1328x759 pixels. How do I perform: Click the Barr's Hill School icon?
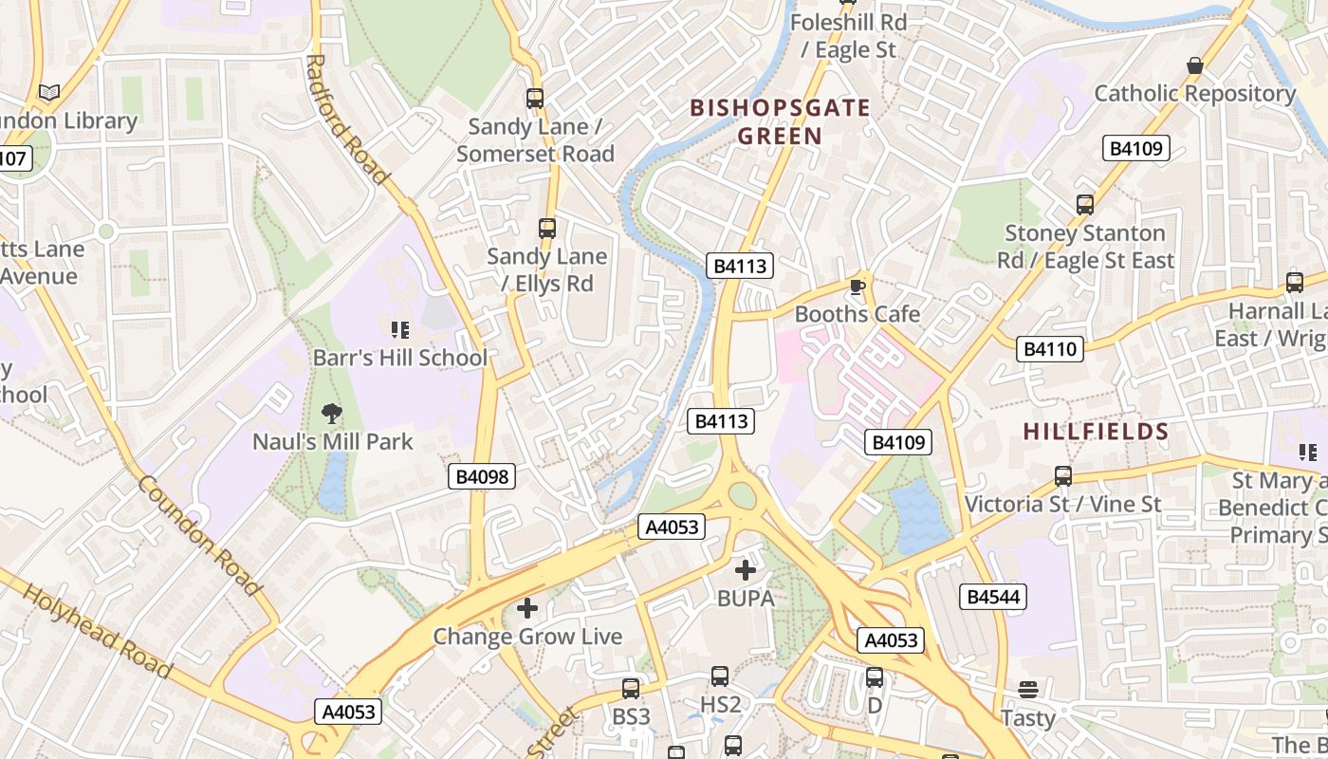tap(400, 330)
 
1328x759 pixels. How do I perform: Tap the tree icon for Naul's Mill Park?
tap(331, 413)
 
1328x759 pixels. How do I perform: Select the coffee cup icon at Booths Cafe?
tap(858, 287)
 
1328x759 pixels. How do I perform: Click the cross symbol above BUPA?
tap(746, 570)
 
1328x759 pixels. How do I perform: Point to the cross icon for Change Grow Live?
tap(527, 608)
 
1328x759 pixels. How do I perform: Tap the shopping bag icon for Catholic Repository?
tap(1194, 65)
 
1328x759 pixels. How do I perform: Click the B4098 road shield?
tap(482, 476)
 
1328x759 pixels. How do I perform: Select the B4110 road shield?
tap(1050, 349)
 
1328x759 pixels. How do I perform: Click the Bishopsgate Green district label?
tap(780, 121)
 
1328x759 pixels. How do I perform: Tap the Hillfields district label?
tap(1096, 433)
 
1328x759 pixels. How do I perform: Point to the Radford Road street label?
tap(347, 120)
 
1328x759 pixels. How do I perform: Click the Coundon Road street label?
tap(199, 535)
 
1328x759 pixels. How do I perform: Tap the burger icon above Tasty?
tap(1028, 690)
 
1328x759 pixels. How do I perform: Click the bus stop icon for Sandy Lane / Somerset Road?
tap(535, 98)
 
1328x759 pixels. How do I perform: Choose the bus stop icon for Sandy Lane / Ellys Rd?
tap(547, 228)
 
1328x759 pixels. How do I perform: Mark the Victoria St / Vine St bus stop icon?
tap(1063, 476)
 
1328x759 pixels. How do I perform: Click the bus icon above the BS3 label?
tap(631, 688)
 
